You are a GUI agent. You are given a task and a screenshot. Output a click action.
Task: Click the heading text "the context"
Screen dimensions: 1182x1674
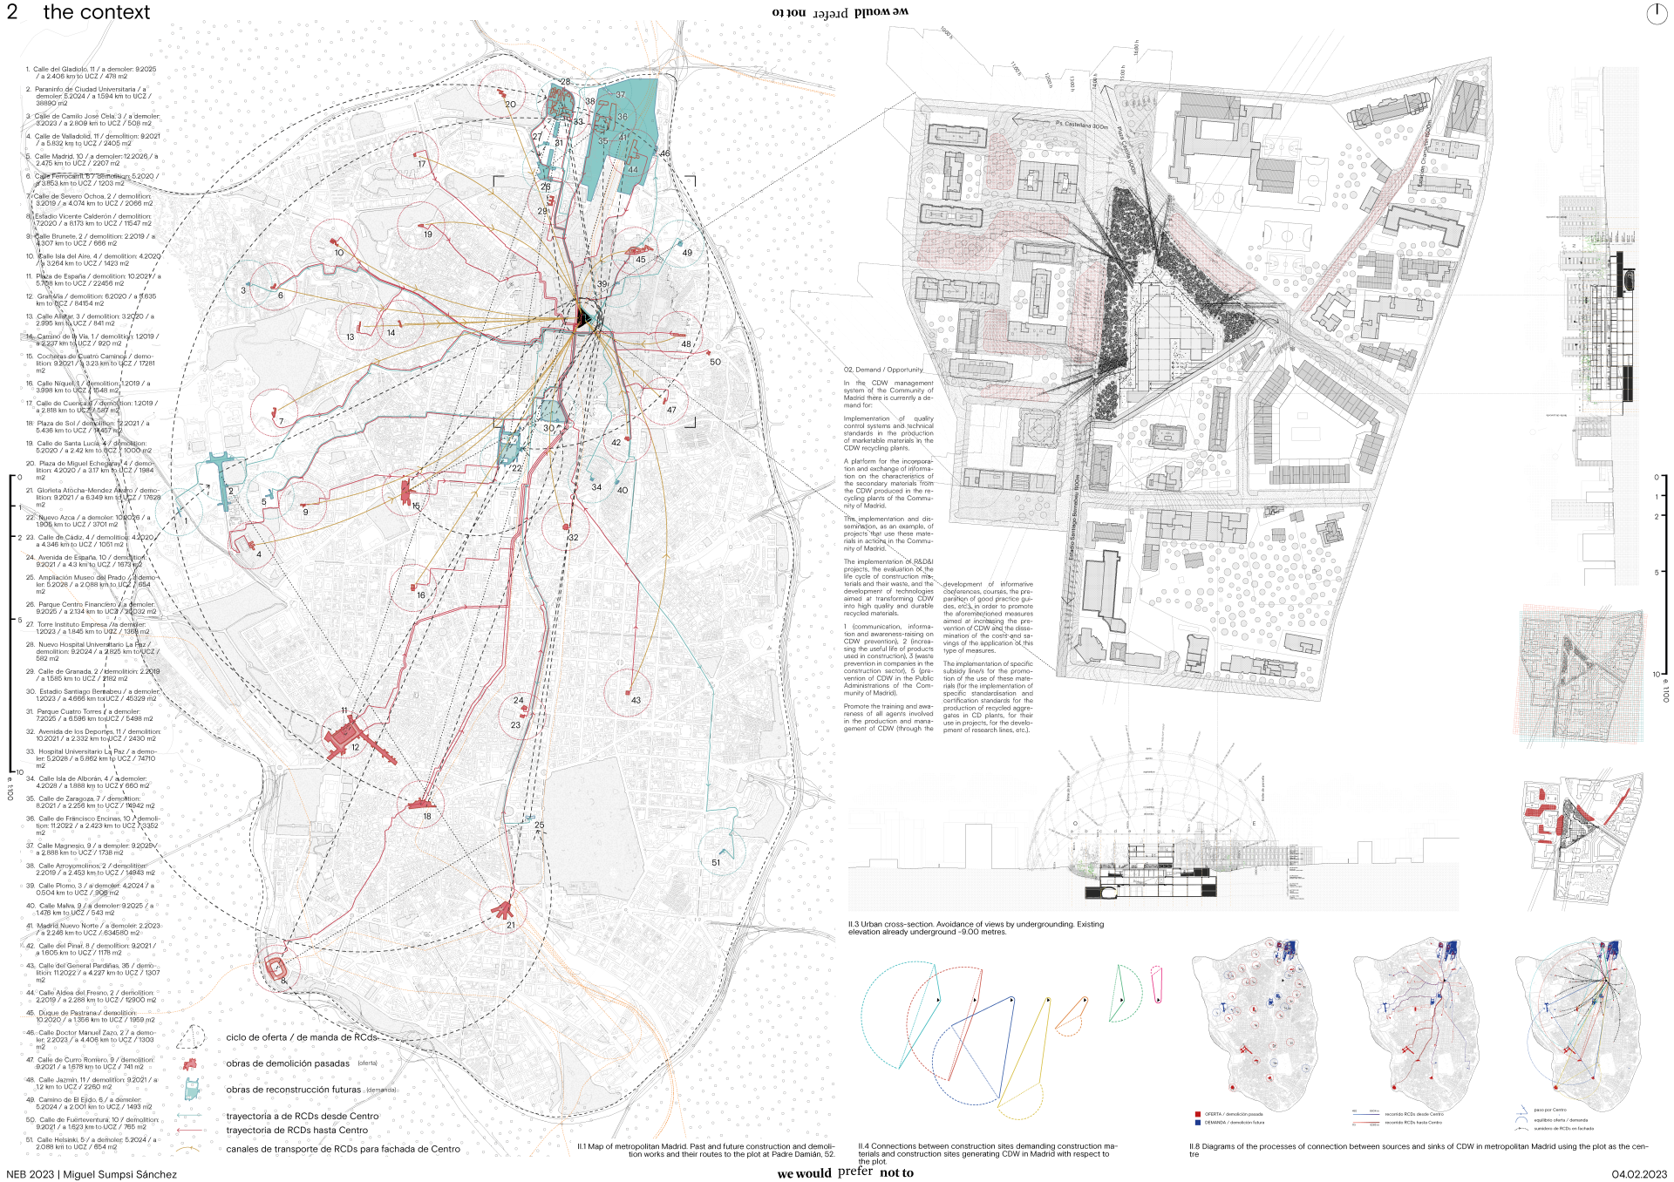(96, 12)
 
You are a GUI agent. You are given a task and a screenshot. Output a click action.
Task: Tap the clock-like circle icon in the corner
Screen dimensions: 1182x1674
(1656, 13)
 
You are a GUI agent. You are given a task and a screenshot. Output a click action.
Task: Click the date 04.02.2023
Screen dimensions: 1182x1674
(1638, 1174)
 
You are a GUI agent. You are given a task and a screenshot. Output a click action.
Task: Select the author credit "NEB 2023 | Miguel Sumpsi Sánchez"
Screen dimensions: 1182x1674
(92, 1174)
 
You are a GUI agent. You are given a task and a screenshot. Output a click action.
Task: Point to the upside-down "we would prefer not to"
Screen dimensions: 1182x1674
(840, 12)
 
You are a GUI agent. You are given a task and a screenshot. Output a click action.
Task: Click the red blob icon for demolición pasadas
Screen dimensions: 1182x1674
(189, 1063)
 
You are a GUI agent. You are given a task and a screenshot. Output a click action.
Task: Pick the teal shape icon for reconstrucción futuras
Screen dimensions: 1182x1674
(191, 1089)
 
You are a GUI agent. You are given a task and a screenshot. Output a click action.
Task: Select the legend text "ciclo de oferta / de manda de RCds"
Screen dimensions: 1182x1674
(302, 1037)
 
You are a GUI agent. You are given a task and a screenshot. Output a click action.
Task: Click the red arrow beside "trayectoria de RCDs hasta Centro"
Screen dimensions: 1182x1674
(189, 1131)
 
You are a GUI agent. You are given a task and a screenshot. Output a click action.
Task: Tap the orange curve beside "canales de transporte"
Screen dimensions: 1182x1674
(189, 1149)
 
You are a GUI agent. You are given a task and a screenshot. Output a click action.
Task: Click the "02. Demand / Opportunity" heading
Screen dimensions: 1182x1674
(882, 370)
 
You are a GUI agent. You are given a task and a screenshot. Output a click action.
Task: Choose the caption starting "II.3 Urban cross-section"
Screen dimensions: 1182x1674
(975, 927)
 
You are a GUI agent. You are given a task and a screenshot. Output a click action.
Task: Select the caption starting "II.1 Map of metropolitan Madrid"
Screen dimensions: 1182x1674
(705, 1150)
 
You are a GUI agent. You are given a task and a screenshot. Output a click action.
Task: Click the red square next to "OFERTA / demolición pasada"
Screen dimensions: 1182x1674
(1198, 1114)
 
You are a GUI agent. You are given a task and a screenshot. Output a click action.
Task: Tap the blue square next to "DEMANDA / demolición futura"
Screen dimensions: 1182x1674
(1198, 1123)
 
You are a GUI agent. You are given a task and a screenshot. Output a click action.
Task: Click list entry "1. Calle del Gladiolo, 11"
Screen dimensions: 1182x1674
(92, 72)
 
